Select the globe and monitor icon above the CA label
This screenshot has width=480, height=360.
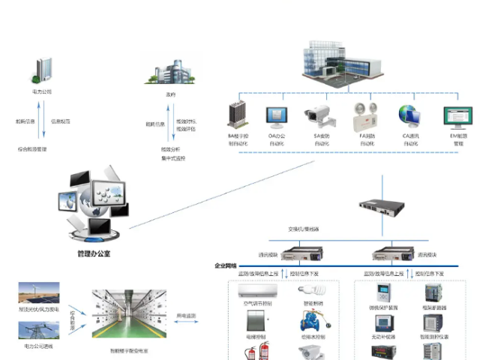410,115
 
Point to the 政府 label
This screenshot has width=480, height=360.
170,94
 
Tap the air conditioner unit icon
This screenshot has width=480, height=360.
258,289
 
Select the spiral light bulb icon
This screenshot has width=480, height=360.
308,290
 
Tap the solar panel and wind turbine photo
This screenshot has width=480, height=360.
39,293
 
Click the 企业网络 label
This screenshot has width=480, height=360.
226,265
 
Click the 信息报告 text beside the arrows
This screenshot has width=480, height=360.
60,121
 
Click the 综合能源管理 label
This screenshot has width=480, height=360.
32,149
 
